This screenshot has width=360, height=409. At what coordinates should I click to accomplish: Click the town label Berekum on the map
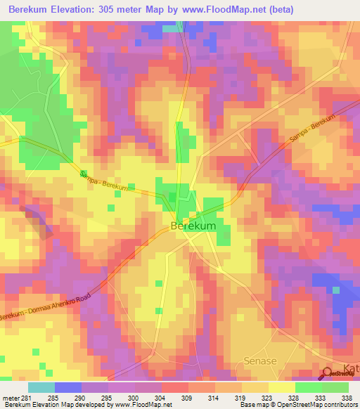point(193,226)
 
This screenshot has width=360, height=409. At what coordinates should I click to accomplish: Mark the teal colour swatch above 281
point(41,387)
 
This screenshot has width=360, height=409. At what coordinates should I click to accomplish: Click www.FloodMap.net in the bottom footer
point(144,405)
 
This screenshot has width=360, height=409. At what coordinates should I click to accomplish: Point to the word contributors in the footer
point(337,405)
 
